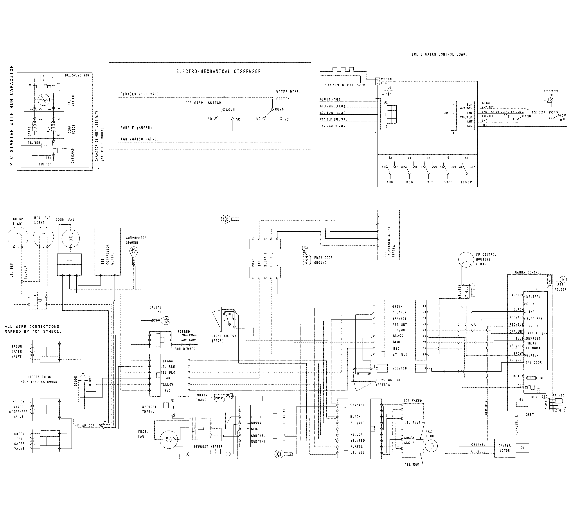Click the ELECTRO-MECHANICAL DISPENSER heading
pyautogui.click(x=218, y=72)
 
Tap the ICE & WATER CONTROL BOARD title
pyautogui.click(x=439, y=54)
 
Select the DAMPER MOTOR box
pyautogui.click(x=505, y=448)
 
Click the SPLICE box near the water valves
pyautogui.click(x=88, y=426)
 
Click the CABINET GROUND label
pyautogui.click(x=156, y=310)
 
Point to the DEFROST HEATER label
pyautogui.click(x=208, y=447)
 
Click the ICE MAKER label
pyautogui.click(x=413, y=401)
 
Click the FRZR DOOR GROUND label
pyautogui.click(x=323, y=260)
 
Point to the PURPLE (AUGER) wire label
pyautogui.click(x=136, y=128)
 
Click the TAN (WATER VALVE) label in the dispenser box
pyautogui.click(x=140, y=139)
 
